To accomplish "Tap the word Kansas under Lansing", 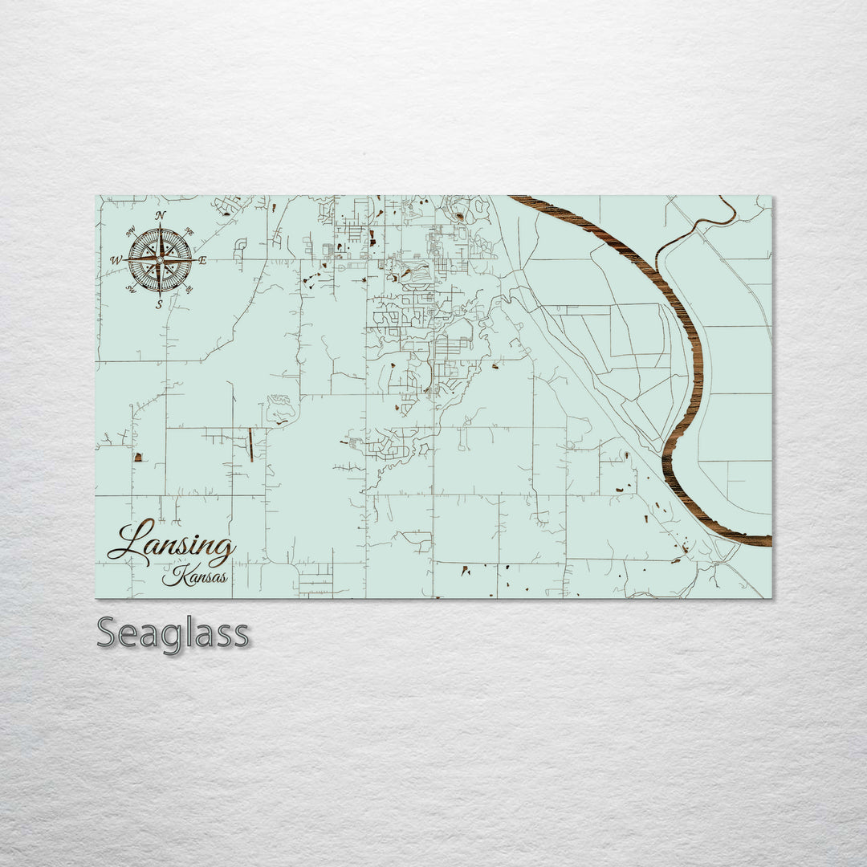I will [194, 577].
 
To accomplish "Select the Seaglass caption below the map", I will [173, 634].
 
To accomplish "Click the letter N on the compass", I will [161, 215].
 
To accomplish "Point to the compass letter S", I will [159, 304].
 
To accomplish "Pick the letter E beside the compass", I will [202, 260].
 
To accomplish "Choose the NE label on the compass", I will [189, 231].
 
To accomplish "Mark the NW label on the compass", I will [130, 231].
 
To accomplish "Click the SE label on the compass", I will [189, 290].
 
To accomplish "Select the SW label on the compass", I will [130, 290].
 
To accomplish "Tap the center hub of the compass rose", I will [160, 260].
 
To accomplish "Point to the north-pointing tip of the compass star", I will [161, 226].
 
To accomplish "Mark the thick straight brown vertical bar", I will [250, 445].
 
